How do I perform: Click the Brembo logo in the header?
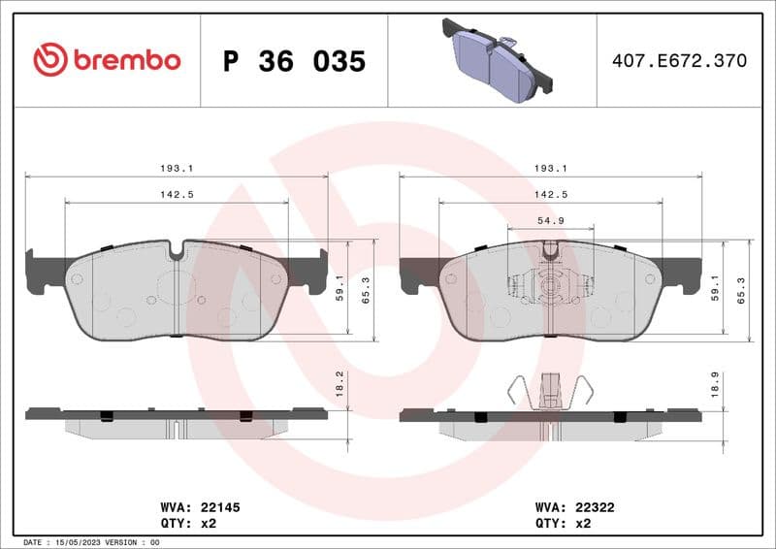(107, 60)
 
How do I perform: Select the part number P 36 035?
(294, 61)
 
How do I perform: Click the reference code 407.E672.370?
(679, 61)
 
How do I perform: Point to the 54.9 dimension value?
(550, 221)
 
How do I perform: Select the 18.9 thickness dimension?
(714, 385)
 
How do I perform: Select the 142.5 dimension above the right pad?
(550, 194)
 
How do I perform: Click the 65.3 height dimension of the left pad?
(366, 290)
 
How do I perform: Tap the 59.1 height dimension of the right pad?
(715, 288)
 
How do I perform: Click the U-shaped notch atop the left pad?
(176, 250)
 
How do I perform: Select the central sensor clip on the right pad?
(550, 285)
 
